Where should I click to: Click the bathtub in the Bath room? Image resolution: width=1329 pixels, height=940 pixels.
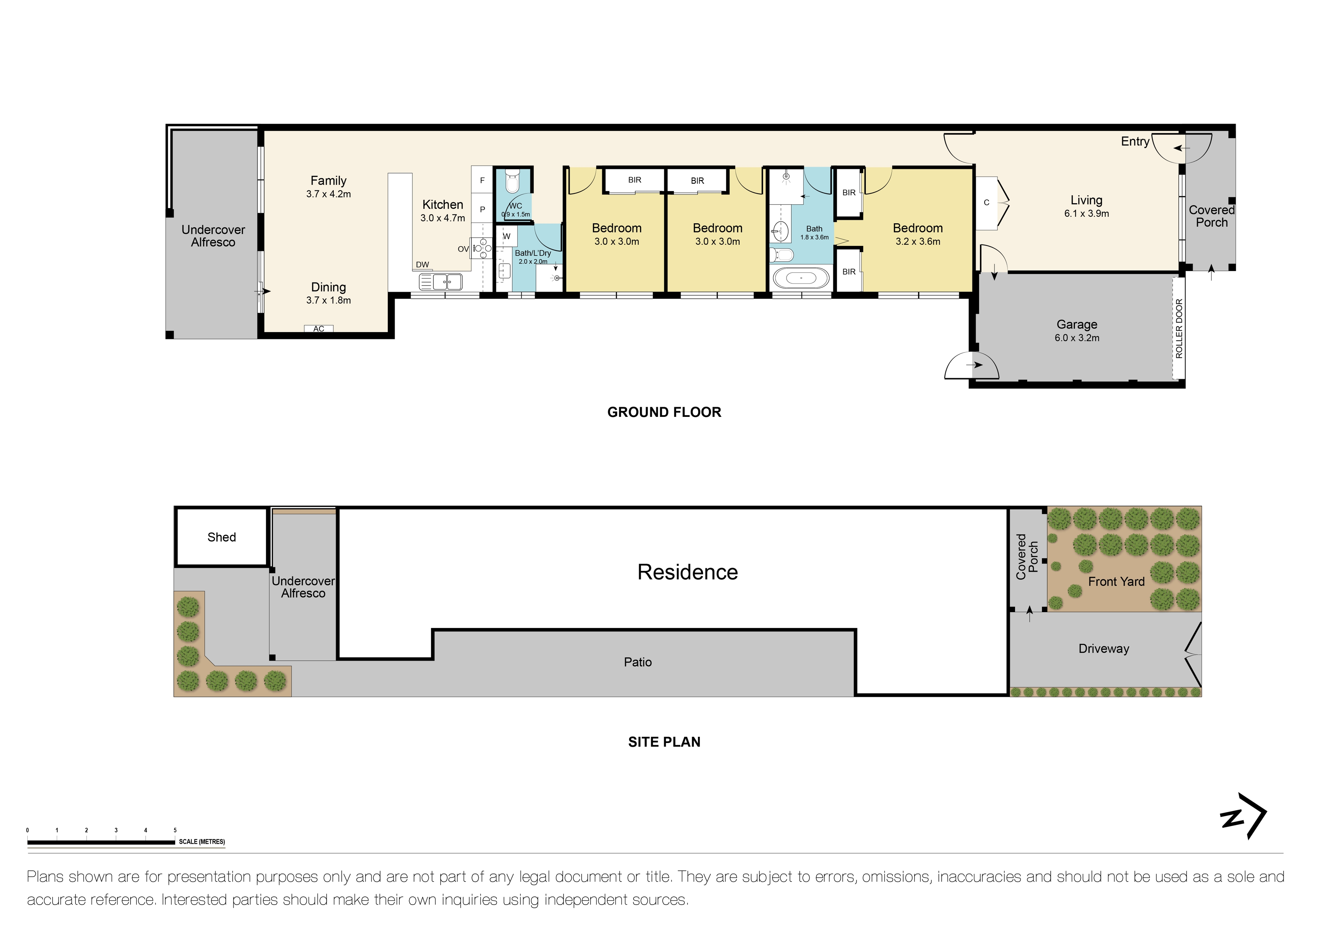(x=801, y=278)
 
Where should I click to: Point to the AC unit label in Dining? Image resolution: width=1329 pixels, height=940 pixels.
(x=318, y=329)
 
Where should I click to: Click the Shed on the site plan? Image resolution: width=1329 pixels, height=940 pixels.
(x=222, y=537)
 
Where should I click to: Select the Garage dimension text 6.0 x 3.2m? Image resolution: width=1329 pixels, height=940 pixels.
(x=1077, y=338)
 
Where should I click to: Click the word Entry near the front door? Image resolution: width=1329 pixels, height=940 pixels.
(x=1134, y=142)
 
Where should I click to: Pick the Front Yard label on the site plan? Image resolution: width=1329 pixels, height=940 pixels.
(x=1116, y=582)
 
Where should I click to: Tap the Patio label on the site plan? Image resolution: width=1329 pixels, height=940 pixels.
(x=637, y=662)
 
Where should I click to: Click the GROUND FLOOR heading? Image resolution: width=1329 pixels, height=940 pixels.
(x=664, y=412)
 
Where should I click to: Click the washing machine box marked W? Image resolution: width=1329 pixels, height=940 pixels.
(x=506, y=236)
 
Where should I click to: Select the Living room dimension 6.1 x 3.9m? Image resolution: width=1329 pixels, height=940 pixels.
(x=1086, y=214)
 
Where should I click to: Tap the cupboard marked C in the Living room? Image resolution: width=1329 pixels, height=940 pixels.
(x=986, y=203)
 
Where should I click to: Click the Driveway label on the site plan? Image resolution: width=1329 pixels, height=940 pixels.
(x=1103, y=649)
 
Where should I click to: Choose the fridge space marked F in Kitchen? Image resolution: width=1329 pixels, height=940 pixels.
(x=482, y=181)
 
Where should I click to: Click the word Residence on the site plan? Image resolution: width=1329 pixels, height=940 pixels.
(x=687, y=572)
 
